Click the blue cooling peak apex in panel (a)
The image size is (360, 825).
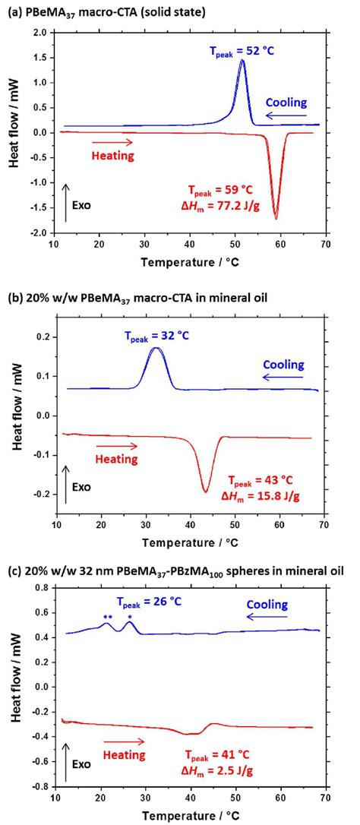pos(242,61)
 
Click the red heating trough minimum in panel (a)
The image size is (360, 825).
pos(276,219)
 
